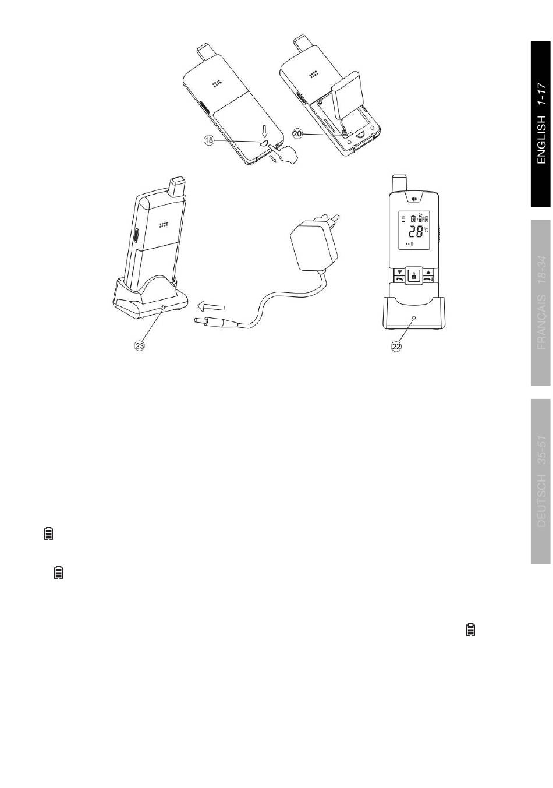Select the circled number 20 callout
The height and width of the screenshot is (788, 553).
[x=297, y=133]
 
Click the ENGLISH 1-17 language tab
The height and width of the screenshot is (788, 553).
[x=541, y=123]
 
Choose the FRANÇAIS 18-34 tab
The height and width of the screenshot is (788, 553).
[x=541, y=303]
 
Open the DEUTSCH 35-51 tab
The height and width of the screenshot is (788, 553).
[x=541, y=481]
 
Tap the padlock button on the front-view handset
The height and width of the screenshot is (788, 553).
[x=413, y=276]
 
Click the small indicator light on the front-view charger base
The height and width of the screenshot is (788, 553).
[x=413, y=319]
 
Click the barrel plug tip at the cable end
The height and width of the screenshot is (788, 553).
[x=198, y=321]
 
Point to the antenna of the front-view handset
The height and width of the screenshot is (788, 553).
[x=399, y=182]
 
